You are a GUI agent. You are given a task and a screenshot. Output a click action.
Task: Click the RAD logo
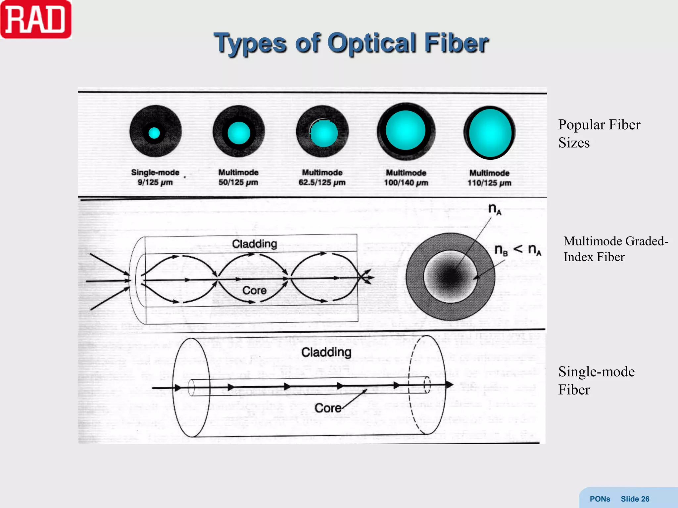(x=36, y=19)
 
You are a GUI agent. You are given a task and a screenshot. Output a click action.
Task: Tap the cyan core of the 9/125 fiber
(x=154, y=133)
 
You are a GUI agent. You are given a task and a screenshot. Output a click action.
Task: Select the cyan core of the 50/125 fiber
(x=239, y=133)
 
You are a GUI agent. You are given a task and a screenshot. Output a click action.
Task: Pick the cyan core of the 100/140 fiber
(x=406, y=131)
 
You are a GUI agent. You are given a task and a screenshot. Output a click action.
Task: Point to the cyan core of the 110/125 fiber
(x=490, y=133)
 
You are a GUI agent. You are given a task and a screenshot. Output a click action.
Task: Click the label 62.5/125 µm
(x=322, y=183)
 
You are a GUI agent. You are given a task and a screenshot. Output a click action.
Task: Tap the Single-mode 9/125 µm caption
(x=155, y=177)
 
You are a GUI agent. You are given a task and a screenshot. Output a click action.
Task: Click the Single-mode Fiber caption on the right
(x=596, y=380)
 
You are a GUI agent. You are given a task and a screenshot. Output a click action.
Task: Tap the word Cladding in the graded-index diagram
(x=254, y=244)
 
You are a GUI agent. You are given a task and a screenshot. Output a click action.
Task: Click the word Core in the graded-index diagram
(x=254, y=290)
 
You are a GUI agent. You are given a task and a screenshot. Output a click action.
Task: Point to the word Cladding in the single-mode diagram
(x=326, y=352)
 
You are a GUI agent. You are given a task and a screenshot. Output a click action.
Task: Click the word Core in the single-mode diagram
(x=328, y=408)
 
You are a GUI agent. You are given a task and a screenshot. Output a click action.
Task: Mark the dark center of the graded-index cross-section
(x=450, y=276)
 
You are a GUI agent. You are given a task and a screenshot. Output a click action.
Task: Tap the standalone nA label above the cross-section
(x=495, y=209)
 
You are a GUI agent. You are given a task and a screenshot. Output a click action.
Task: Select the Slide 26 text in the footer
(x=635, y=499)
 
